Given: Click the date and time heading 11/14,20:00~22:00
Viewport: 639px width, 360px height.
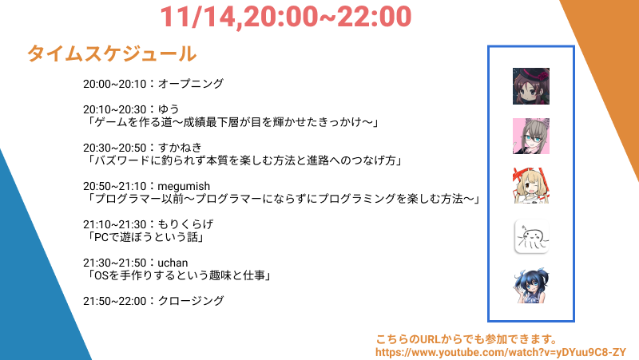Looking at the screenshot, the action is point(286,17).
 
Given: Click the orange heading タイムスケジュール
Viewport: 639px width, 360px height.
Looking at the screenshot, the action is point(112,53).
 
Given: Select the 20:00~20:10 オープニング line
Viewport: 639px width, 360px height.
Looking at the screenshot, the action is point(153,84).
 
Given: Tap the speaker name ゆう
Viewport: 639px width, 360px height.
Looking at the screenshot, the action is point(169,109).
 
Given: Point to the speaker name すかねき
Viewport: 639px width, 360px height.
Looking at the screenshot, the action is point(180,148).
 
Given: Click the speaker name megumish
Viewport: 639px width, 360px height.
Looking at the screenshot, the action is point(184,186).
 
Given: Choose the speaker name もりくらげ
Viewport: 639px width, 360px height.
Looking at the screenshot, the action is point(185,224).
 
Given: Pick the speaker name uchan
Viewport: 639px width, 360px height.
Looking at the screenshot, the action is point(173,263).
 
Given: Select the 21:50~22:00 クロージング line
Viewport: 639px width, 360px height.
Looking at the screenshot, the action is point(153,301).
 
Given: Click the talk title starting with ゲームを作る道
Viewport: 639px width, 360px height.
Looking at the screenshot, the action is point(232,122).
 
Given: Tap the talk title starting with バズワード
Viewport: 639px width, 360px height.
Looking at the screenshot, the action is point(244,160).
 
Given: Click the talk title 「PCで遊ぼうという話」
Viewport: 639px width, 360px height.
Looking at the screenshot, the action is point(145,237).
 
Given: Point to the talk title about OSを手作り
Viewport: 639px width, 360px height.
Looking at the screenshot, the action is point(178,275).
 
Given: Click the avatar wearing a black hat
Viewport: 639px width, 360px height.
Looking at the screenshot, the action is point(531,86).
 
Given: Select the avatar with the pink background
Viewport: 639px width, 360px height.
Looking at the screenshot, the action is point(531,136).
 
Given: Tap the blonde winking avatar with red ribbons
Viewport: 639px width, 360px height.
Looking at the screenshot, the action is point(531,186).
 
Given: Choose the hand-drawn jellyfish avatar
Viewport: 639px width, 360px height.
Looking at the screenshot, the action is point(531,236).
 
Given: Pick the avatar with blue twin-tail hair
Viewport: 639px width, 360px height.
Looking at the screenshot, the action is point(531,286).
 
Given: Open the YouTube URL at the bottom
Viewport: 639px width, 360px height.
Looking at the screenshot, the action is point(501,352).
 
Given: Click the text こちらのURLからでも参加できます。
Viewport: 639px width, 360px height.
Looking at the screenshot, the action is point(466,339).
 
